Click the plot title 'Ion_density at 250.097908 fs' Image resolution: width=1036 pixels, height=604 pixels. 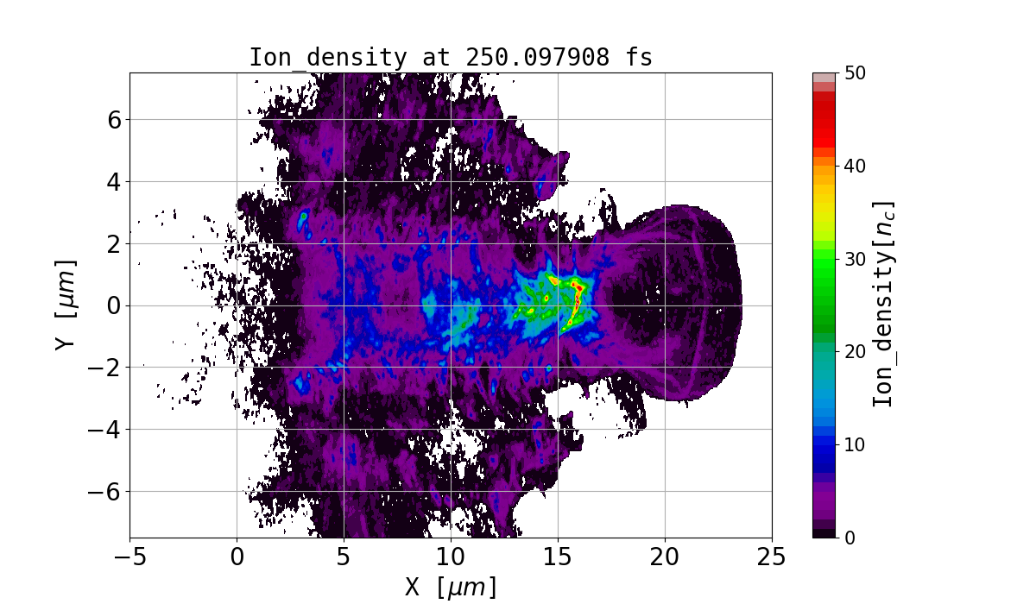pos(451,58)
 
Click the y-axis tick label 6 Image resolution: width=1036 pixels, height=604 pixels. pos(112,119)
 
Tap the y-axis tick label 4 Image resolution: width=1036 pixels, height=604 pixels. pos(112,181)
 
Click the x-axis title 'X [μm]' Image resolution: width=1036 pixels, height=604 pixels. pos(451,587)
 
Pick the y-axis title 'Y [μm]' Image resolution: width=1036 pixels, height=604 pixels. pos(66,305)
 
